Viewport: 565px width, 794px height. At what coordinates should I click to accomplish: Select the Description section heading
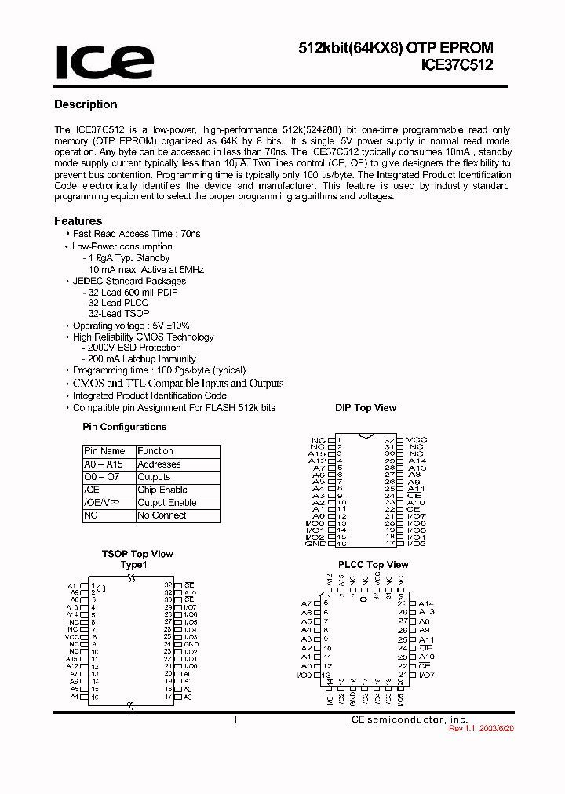[x=86, y=104]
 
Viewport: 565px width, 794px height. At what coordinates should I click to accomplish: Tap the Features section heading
[x=78, y=221]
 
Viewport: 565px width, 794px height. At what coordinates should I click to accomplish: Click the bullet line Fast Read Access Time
[x=137, y=234]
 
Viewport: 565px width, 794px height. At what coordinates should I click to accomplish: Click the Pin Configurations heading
[x=125, y=427]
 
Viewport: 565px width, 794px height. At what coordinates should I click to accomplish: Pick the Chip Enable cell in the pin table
[x=162, y=490]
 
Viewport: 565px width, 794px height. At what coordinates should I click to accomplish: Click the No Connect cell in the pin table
[x=162, y=515]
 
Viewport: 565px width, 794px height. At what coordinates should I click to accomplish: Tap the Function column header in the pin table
[x=155, y=451]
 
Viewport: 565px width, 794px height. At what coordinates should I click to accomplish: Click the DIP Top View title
[x=366, y=408]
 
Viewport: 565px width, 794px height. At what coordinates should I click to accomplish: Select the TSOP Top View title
[x=137, y=554]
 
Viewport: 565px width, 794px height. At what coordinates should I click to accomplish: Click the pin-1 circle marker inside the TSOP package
[x=100, y=588]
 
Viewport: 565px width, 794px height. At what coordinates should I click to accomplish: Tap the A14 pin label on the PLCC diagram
[x=426, y=603]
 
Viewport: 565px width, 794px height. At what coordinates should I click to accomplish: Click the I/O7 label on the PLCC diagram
[x=426, y=675]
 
